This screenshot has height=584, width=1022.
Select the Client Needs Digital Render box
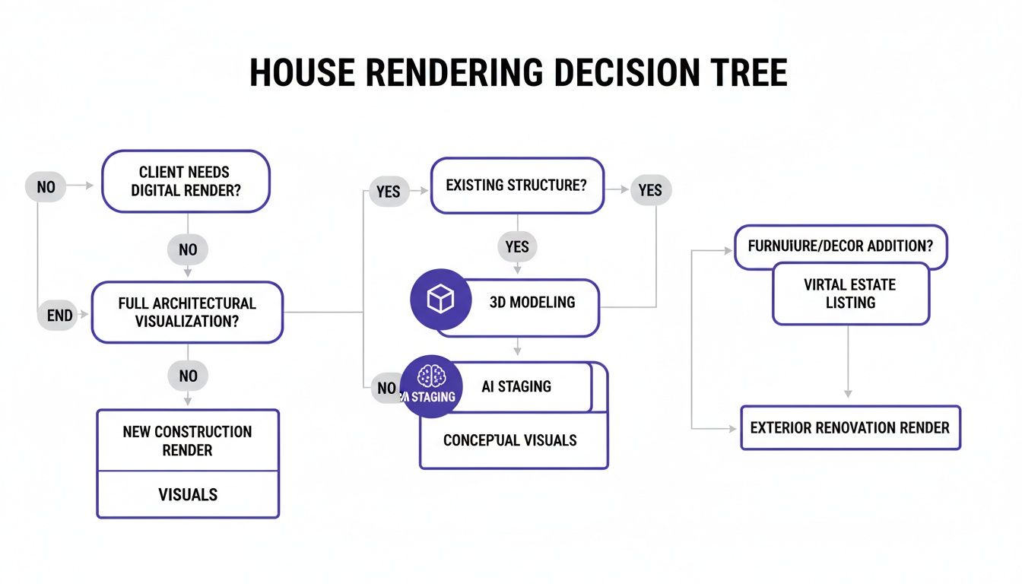click(186, 181)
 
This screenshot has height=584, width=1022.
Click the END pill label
click(59, 315)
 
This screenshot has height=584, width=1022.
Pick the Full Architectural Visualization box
click(187, 313)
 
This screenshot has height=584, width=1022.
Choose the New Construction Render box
click(187, 441)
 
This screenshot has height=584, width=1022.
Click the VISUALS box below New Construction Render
click(187, 494)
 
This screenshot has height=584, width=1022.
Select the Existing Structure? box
click(517, 186)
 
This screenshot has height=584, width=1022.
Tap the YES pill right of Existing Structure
click(650, 190)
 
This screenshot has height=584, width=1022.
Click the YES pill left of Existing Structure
click(388, 192)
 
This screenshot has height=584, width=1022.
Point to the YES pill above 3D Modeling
click(517, 246)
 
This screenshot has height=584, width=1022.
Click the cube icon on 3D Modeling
click(441, 300)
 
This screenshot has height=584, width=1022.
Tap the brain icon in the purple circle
click(431, 376)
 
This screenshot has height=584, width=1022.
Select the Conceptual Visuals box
click(510, 441)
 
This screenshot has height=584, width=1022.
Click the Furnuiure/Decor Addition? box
click(840, 246)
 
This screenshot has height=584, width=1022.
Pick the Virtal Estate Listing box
click(850, 294)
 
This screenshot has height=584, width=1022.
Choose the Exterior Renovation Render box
click(849, 427)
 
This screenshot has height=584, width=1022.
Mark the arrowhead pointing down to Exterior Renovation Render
click(848, 393)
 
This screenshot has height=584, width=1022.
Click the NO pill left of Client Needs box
click(46, 186)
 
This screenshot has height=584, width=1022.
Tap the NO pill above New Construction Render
click(187, 375)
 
